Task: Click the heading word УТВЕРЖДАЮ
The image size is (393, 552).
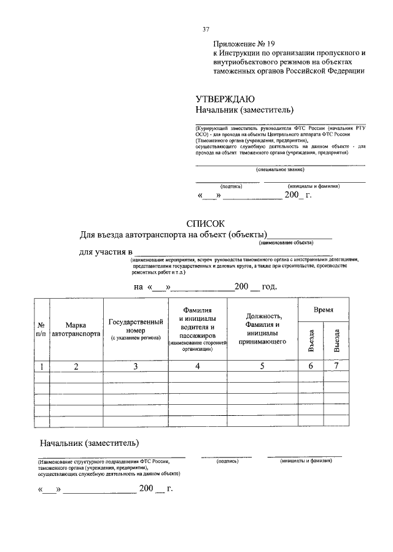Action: click(x=225, y=100)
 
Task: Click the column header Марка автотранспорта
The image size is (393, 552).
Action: click(x=76, y=330)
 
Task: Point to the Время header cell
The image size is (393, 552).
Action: click(x=324, y=310)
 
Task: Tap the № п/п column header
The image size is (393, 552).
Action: click(x=41, y=329)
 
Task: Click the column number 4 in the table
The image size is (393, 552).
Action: click(x=198, y=367)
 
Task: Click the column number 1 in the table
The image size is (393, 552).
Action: click(x=41, y=367)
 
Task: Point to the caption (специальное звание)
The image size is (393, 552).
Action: click(x=280, y=170)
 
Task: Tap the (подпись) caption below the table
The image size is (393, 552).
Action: click(x=227, y=461)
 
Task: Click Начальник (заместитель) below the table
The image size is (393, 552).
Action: click(x=89, y=443)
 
